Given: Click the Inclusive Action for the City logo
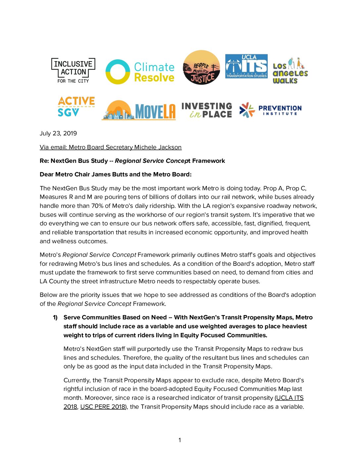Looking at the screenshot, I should [73, 70].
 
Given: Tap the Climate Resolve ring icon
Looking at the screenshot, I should [117, 72].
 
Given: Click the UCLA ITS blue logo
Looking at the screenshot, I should [247, 66].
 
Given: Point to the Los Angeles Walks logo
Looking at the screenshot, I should [290, 71].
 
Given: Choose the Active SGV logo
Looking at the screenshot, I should [76, 107].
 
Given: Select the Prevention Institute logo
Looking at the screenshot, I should [270, 110].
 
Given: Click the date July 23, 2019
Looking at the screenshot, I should [58, 133].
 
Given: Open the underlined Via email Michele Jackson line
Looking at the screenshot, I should [111, 147].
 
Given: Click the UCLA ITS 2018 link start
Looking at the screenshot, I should [290, 398].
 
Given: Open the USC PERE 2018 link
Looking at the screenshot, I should [103, 407].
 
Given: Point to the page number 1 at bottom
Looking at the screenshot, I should [180, 440].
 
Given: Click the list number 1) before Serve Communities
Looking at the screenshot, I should [55, 317].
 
